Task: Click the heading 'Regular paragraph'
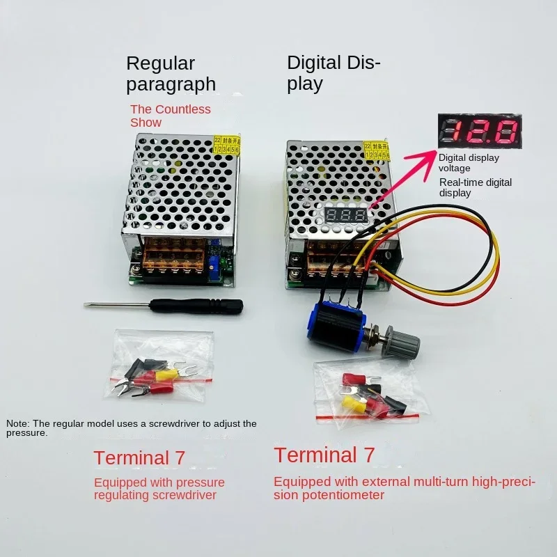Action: (x=171, y=74)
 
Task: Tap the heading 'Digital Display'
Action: (x=334, y=74)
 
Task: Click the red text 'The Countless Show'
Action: (x=170, y=116)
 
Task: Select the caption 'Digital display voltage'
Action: (x=469, y=162)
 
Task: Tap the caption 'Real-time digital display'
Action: (x=475, y=187)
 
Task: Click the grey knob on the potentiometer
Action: (x=405, y=343)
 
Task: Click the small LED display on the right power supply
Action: (x=347, y=215)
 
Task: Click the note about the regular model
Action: (x=132, y=427)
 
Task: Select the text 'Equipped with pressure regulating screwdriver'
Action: (x=159, y=489)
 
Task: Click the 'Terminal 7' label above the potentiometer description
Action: (x=324, y=455)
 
